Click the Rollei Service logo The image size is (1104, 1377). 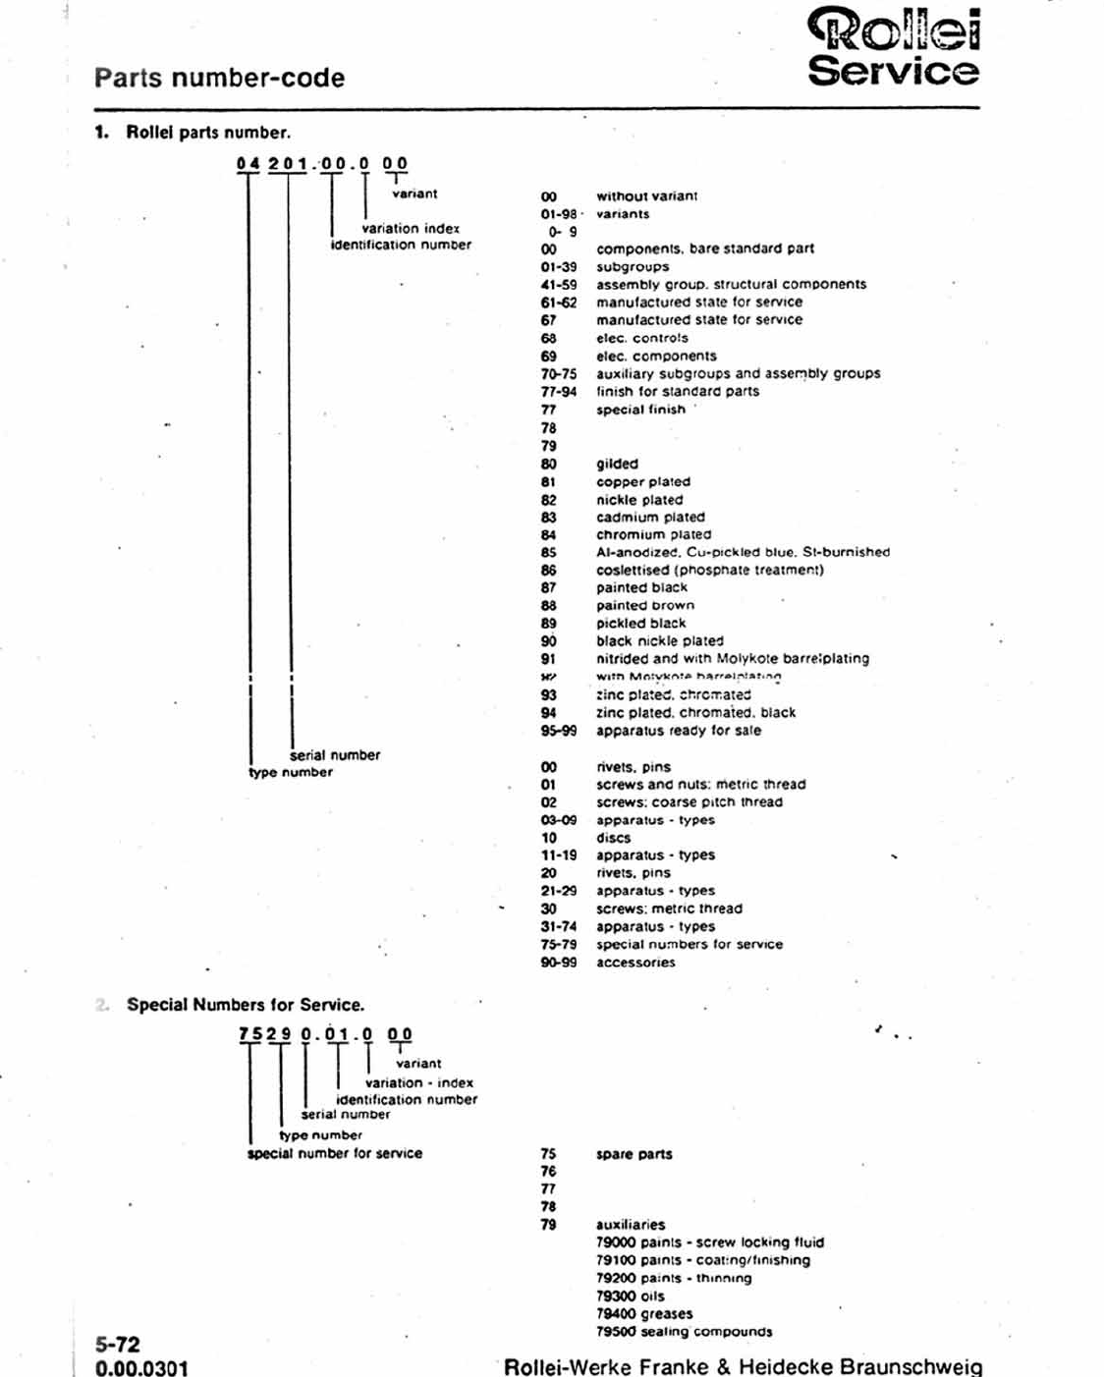pyautogui.click(x=893, y=47)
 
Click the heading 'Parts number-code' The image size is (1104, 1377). pyautogui.click(x=219, y=79)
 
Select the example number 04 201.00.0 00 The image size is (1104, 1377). pyautogui.click(x=322, y=163)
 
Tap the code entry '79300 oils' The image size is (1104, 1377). pyautogui.click(x=630, y=1295)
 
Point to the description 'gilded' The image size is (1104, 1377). pyautogui.click(x=617, y=464)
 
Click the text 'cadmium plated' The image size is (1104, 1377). pyautogui.click(x=650, y=517)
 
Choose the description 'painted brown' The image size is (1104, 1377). pyautogui.click(x=644, y=605)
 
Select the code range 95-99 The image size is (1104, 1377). pyautogui.click(x=558, y=731)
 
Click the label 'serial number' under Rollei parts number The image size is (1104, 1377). pyautogui.click(x=335, y=754)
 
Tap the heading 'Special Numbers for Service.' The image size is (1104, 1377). pyautogui.click(x=245, y=1005)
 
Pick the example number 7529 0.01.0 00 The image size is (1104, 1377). pyautogui.click(x=325, y=1034)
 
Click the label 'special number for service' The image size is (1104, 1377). pyautogui.click(x=335, y=1153)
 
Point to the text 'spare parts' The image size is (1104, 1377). pyautogui.click(x=634, y=1154)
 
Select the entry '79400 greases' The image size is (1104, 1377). pyautogui.click(x=644, y=1313)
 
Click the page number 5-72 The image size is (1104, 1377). pyautogui.click(x=118, y=1345)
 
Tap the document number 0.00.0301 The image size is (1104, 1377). pyautogui.click(x=141, y=1367)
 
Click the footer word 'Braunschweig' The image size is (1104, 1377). pyautogui.click(x=911, y=1366)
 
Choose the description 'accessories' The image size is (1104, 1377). pyautogui.click(x=635, y=963)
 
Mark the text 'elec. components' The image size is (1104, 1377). pyautogui.click(x=656, y=356)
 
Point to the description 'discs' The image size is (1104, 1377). pyautogui.click(x=613, y=838)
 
